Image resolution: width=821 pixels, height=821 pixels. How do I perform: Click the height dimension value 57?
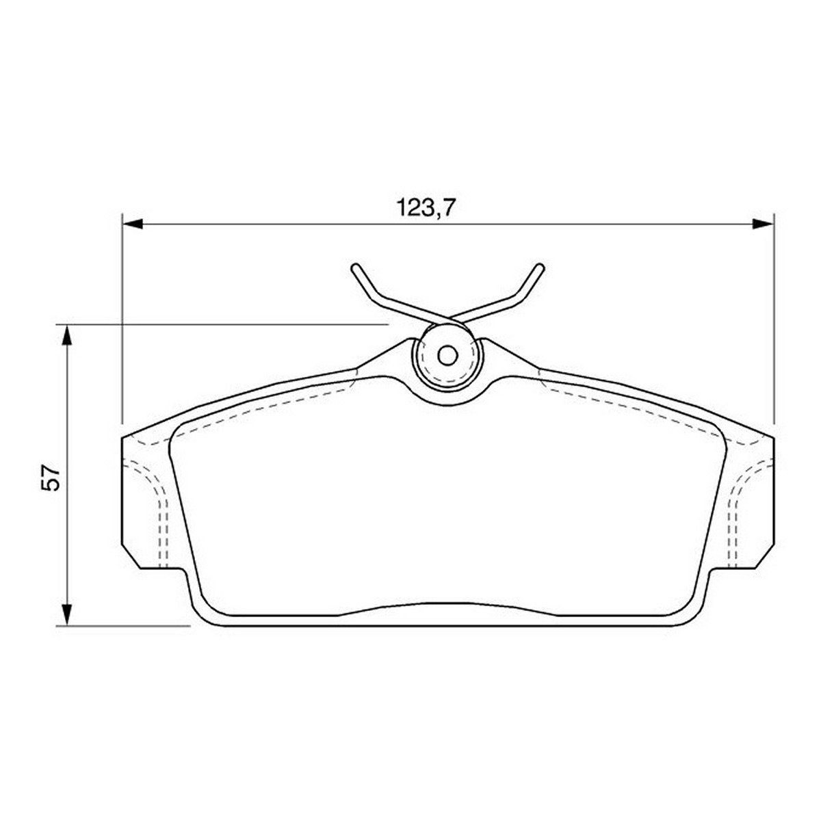pos(50,477)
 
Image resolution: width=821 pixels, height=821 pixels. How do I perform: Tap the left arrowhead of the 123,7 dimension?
pos(133,224)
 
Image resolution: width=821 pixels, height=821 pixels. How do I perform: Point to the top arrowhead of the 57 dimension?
pos(66,336)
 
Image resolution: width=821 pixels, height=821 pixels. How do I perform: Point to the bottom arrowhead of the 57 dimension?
pos(66,616)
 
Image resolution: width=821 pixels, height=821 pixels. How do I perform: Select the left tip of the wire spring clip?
pos(355,268)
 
